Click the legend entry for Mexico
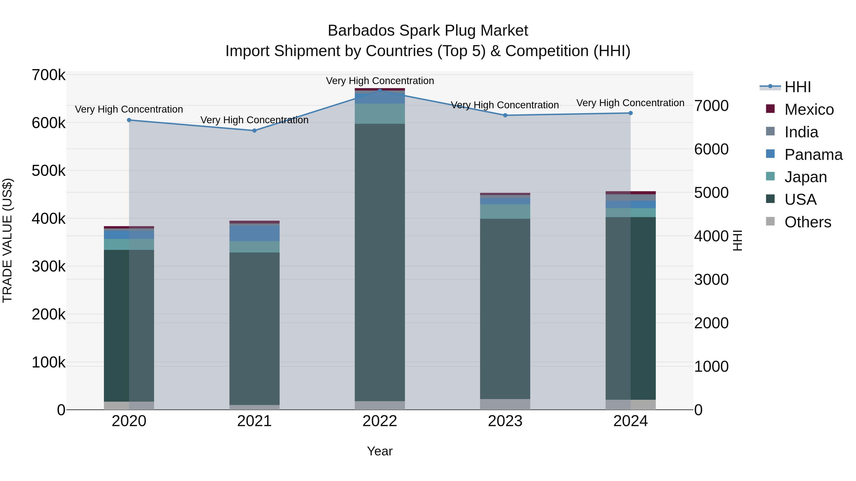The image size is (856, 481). pos(809,110)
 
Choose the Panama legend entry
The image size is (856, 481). pos(813,155)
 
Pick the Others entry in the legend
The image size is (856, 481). pos(807,222)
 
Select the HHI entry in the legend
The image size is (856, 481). pos(798,87)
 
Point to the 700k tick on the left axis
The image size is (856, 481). pos(49,75)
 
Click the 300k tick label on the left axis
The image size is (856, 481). pos(49,266)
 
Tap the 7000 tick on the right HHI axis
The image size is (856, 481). pos(711,106)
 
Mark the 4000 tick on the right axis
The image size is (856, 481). pos(711,236)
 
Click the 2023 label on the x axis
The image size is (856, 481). pos(505,421)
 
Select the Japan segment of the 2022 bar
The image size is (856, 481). pos(380,114)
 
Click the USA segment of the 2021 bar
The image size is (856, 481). pos(254,329)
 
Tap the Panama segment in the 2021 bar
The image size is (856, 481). pos(254,233)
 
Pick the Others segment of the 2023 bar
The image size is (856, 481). pos(505,404)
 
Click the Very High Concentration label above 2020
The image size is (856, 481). pos(129,109)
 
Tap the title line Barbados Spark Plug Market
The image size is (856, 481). pos(428,31)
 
